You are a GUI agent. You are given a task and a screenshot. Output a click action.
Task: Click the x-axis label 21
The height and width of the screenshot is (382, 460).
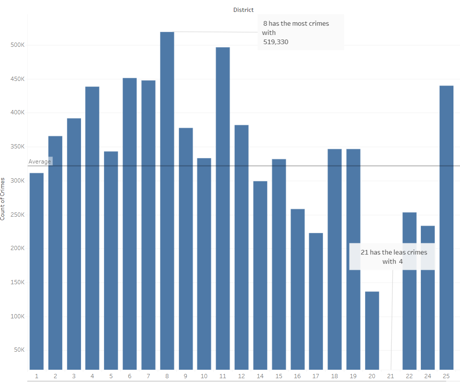click(391, 376)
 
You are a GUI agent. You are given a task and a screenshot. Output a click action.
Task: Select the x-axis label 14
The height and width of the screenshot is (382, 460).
click(260, 376)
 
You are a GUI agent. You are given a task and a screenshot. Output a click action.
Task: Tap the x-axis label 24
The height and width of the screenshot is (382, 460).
click(428, 376)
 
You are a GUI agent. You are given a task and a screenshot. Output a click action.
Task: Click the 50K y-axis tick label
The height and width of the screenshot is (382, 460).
click(20, 350)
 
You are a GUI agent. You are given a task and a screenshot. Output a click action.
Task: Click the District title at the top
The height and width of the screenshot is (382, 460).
click(243, 10)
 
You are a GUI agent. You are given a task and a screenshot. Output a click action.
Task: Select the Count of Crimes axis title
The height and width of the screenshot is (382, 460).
click(3, 199)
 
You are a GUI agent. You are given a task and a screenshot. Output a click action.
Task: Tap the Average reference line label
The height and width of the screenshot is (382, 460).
click(40, 161)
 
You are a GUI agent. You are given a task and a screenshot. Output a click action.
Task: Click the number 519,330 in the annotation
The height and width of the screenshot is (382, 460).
click(275, 42)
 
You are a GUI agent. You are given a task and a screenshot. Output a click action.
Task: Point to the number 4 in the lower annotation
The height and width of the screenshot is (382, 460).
click(400, 262)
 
